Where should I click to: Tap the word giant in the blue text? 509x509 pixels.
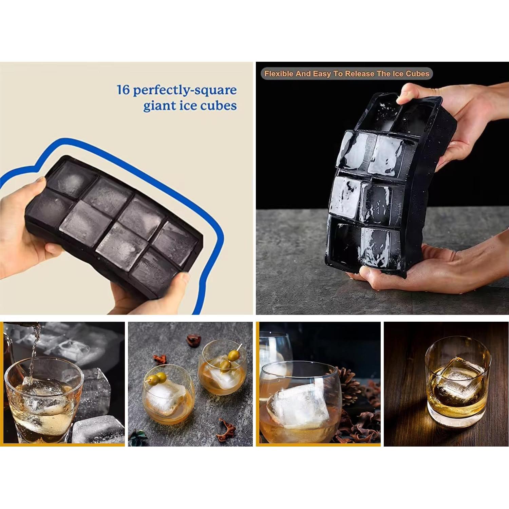[x=158, y=106]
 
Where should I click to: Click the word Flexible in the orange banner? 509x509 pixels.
[x=279, y=74]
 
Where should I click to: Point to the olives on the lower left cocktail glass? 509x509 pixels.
[x=158, y=378]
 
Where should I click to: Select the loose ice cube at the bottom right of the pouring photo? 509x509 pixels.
[x=97, y=429]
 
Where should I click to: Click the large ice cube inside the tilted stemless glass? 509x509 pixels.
[x=299, y=407]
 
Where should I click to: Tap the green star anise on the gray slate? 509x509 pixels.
[x=138, y=436]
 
